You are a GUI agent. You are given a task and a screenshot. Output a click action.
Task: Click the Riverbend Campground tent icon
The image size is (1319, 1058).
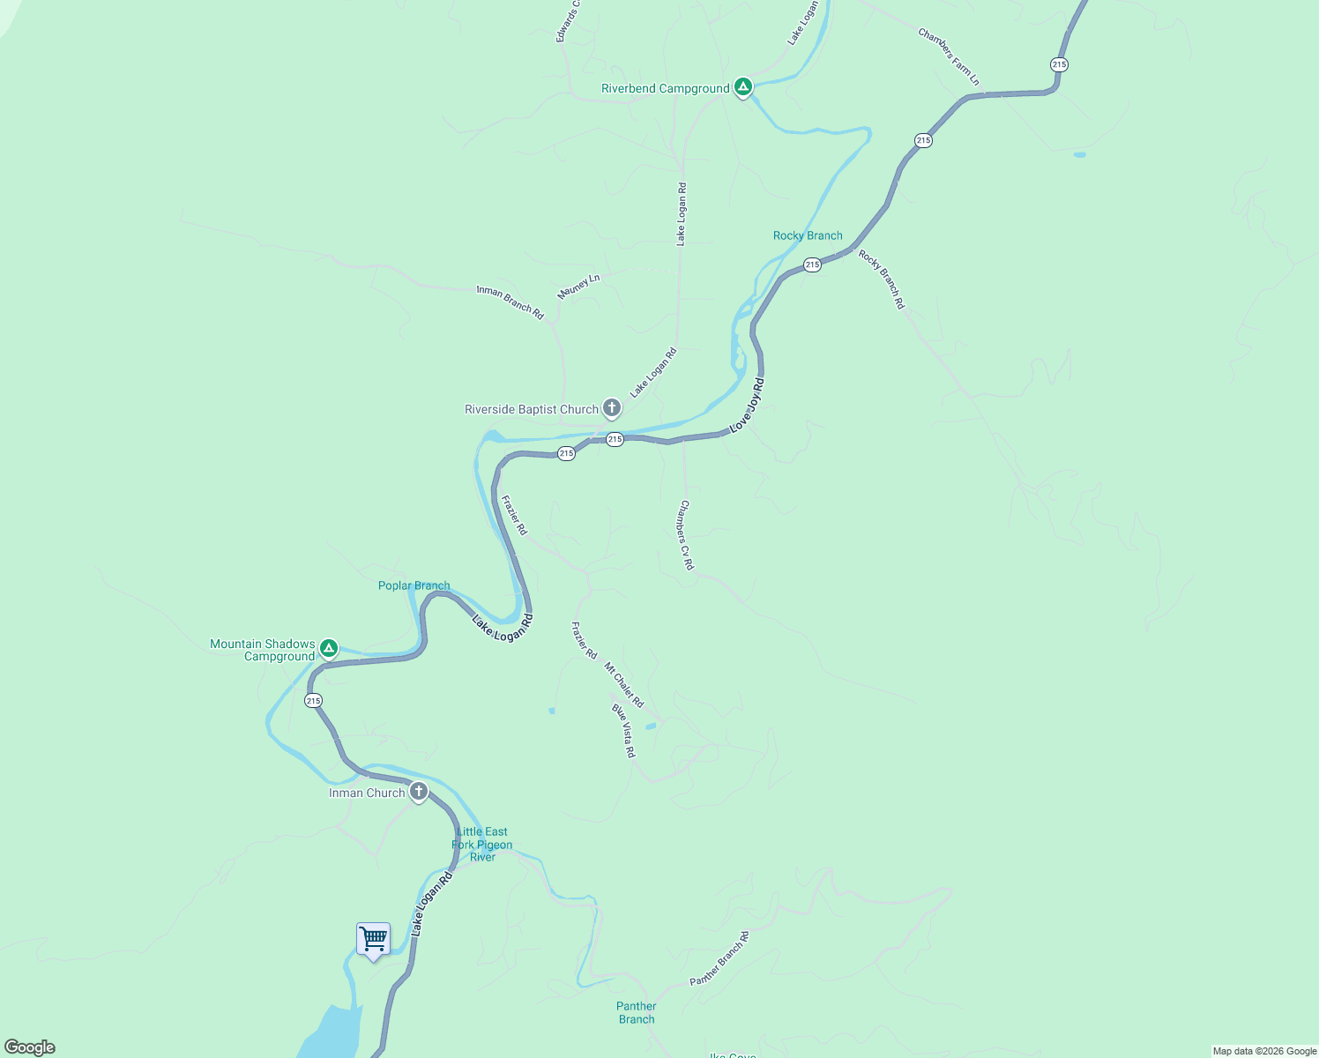pyautogui.click(x=743, y=86)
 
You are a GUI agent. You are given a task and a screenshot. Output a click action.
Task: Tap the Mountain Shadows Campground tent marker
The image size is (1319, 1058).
pyautogui.click(x=329, y=649)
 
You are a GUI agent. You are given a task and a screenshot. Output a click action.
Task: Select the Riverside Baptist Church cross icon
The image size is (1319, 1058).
pyautogui.click(x=612, y=408)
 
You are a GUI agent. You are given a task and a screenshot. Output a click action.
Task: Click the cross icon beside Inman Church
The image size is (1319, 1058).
pyautogui.click(x=419, y=791)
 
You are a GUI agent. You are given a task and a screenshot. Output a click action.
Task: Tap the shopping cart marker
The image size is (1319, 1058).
pyautogui.click(x=373, y=939)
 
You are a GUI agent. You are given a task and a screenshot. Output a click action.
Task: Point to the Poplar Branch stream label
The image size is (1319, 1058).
pyautogui.click(x=414, y=585)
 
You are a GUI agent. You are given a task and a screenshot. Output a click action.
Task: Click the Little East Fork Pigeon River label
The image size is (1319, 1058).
pyautogui.click(x=482, y=844)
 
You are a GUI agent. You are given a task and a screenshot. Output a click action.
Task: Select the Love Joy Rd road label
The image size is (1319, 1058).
pyautogui.click(x=747, y=406)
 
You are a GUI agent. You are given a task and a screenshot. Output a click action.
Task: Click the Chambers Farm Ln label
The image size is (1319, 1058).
pyautogui.click(x=949, y=57)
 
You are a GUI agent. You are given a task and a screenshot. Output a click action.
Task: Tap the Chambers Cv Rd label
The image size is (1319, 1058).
pyautogui.click(x=686, y=535)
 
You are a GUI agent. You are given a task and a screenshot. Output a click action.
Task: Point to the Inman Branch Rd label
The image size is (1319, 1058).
pyautogui.click(x=510, y=302)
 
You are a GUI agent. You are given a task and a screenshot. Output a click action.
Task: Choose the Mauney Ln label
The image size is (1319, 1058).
pyautogui.click(x=578, y=287)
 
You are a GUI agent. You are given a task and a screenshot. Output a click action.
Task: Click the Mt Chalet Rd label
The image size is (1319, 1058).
pyautogui.click(x=624, y=685)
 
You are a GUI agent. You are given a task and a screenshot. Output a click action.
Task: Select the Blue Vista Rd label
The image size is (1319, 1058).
pyautogui.click(x=623, y=730)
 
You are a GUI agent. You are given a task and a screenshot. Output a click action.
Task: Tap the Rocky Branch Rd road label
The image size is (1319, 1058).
pyautogui.click(x=882, y=279)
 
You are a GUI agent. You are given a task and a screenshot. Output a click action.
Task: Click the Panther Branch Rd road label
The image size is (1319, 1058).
pyautogui.click(x=719, y=958)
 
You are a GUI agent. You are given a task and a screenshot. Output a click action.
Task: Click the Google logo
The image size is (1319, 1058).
pyautogui.click(x=30, y=1047)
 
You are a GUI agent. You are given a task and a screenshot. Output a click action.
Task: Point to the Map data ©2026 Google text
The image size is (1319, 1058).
pyautogui.click(x=1264, y=1051)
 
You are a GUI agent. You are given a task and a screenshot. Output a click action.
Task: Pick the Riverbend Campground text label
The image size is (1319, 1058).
pyautogui.click(x=666, y=88)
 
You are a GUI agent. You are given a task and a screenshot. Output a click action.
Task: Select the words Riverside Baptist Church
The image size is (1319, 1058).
pyautogui.click(x=532, y=409)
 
